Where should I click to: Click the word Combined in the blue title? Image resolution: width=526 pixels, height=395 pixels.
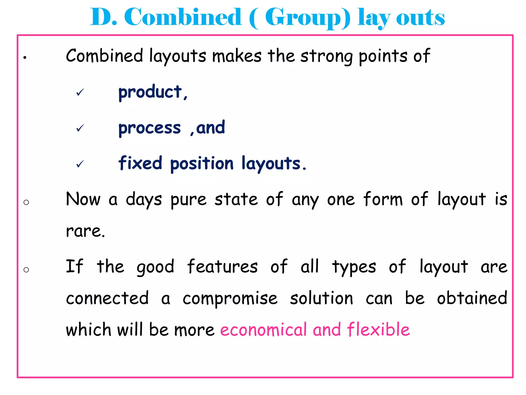click(x=183, y=17)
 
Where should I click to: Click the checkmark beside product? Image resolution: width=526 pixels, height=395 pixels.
click(x=80, y=92)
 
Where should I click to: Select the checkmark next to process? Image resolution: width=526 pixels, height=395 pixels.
click(x=80, y=128)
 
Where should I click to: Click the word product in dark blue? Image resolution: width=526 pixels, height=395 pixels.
click(x=150, y=92)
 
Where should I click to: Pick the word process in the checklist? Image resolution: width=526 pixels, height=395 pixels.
click(x=149, y=128)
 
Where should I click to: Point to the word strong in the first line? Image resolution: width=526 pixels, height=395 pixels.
click(x=326, y=56)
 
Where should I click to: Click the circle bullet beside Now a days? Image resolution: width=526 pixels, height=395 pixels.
click(x=26, y=202)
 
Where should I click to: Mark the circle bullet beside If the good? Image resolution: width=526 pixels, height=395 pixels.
click(x=26, y=270)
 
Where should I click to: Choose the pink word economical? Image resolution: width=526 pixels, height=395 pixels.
click(x=264, y=330)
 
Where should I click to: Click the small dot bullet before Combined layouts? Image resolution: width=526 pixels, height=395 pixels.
click(x=25, y=58)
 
